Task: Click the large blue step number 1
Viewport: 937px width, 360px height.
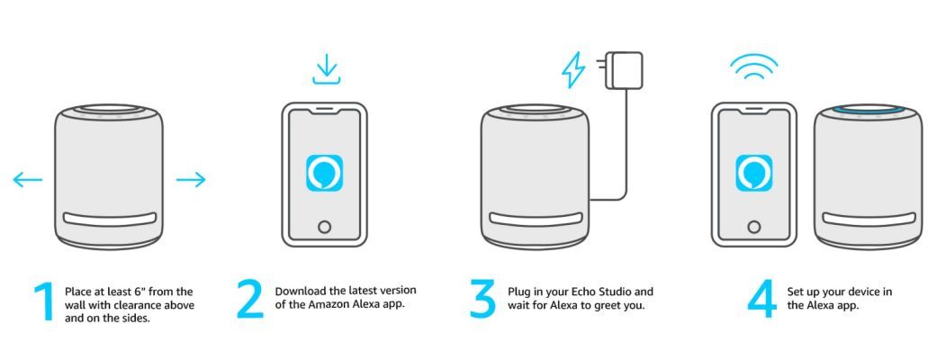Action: (43, 303)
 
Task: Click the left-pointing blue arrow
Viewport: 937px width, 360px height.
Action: (28, 179)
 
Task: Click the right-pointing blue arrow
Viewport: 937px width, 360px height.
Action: (191, 179)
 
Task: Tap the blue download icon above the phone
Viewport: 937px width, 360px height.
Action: (326, 68)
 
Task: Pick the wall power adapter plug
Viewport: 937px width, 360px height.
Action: (622, 70)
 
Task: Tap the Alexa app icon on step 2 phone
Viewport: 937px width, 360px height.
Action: (324, 173)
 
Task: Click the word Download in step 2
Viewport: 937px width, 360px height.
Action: (300, 292)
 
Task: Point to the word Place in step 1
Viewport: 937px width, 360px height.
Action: (77, 292)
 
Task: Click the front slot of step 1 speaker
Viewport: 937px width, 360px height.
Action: (109, 219)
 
